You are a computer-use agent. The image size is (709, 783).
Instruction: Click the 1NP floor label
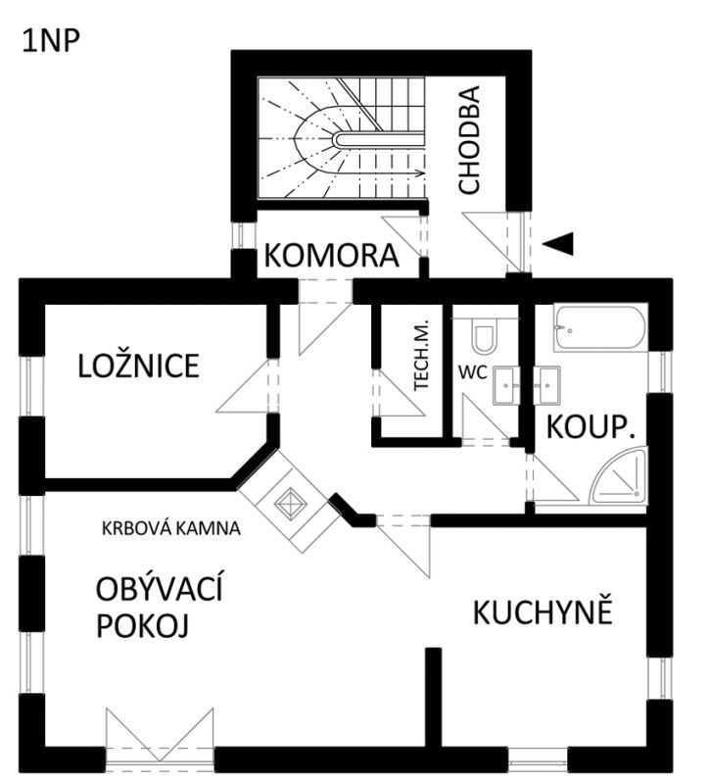[50, 41]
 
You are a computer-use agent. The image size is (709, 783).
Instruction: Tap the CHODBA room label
[469, 140]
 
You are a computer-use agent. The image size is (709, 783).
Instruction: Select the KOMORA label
[331, 255]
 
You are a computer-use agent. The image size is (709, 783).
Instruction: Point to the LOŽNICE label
[139, 366]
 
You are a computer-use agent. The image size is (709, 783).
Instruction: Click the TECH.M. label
[422, 354]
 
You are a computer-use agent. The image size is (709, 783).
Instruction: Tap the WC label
[472, 372]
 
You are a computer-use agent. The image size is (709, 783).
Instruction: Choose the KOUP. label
[591, 427]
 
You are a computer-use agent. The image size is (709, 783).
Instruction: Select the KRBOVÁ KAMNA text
[171, 528]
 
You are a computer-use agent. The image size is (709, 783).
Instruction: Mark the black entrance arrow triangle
[558, 244]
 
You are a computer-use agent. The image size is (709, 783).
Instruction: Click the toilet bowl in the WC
[484, 333]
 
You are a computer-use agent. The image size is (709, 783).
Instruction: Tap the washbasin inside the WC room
[506, 385]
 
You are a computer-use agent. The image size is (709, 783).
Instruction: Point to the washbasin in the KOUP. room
[546, 385]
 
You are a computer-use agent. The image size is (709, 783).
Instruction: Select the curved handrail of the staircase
[379, 140]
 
